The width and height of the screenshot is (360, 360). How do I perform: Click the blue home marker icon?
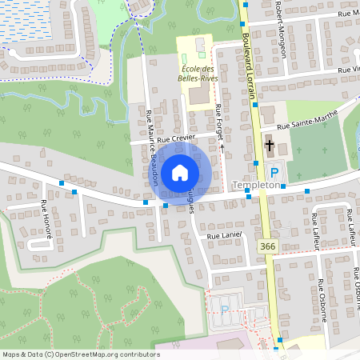click(180, 172)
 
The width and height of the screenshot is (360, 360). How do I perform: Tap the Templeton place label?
click(255, 185)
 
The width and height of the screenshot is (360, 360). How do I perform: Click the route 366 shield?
click(267, 248)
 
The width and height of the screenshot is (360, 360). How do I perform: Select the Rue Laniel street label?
click(224, 236)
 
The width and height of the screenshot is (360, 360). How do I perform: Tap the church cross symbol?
click(270, 146)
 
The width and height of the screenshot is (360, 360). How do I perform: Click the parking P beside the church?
click(274, 172)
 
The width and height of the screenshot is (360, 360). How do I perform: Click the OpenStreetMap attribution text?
click(81, 354)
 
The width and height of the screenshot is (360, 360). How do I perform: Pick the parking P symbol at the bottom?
click(225, 309)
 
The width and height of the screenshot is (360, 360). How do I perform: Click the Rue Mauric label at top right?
click(347, 14)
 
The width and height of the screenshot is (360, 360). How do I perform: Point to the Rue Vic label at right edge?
click(349, 70)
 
